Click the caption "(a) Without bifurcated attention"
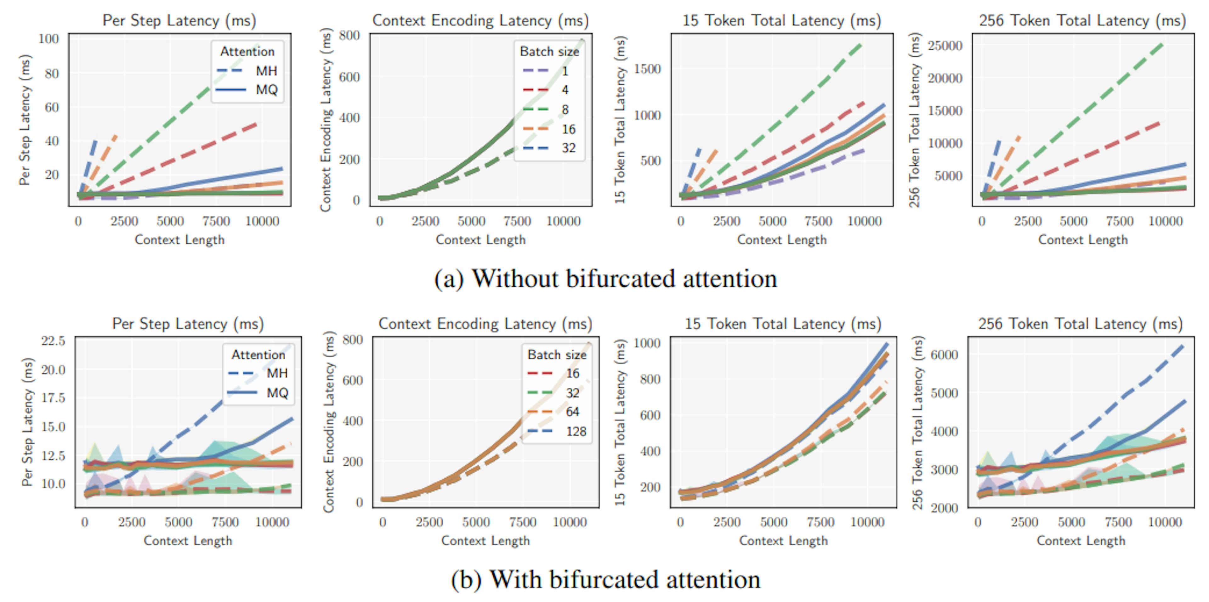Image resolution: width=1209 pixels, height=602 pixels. [x=605, y=279]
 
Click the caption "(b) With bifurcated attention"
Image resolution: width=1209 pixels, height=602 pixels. [x=605, y=579]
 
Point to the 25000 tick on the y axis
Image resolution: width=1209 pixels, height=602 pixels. [x=945, y=46]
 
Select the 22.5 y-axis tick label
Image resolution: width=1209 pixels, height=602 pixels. [x=53, y=340]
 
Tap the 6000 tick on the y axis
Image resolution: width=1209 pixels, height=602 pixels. [x=944, y=355]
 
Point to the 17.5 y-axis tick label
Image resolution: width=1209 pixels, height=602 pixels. [x=53, y=398]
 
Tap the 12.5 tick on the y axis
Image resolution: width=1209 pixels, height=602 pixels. [x=53, y=455]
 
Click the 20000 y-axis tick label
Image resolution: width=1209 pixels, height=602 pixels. [x=945, y=78]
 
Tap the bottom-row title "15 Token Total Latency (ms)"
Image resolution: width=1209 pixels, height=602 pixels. [x=783, y=324]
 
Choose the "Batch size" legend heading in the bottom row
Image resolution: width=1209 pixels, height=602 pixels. [x=557, y=355]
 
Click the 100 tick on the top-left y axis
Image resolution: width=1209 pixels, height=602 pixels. [x=49, y=39]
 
